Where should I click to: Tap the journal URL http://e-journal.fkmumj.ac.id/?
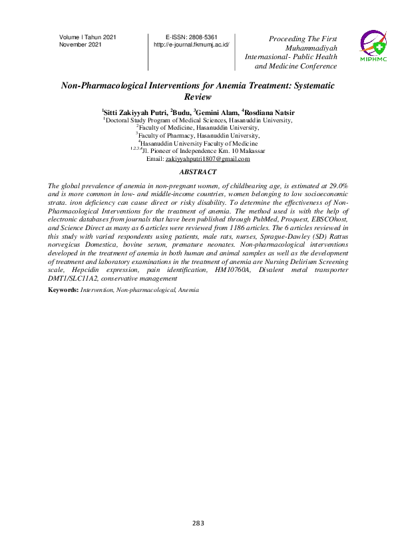191,45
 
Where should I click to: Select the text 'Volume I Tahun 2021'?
88,37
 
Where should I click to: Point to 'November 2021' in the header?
81,45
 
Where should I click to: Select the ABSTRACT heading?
198,172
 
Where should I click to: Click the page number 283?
198,524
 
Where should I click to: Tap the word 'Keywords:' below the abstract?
64,291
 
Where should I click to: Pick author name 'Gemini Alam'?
216,112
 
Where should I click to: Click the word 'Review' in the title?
197,96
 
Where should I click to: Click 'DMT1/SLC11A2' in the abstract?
71,279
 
